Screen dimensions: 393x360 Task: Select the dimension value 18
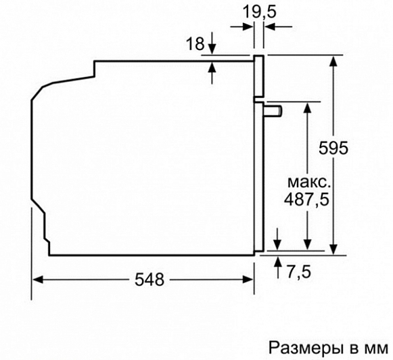[195, 43]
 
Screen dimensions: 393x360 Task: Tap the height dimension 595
[333, 148]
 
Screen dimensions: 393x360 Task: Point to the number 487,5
[306, 200]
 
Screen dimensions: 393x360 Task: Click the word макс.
[308, 182]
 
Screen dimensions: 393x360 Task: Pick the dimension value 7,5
[299, 272]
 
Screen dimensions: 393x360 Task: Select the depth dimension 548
[149, 279]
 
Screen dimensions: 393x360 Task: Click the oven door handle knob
[273, 111]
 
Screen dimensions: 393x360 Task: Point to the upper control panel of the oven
[259, 76]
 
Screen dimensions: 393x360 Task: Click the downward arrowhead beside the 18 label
[212, 49]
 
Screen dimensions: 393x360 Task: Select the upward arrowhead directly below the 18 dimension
[212, 67]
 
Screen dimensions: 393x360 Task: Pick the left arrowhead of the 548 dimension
[38, 279]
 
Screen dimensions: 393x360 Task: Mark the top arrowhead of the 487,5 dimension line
[307, 108]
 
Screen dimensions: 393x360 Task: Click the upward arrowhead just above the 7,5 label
[277, 261]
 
